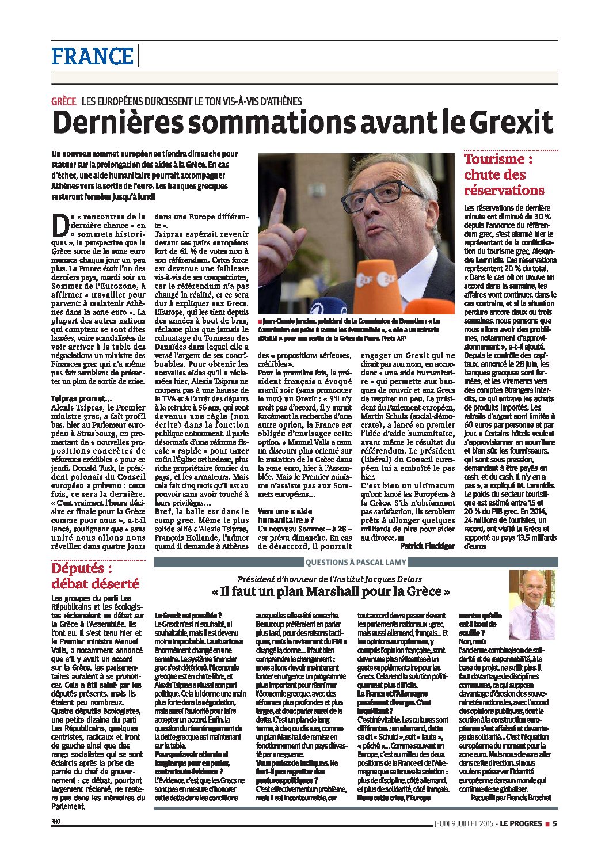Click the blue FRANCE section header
pos(92,56)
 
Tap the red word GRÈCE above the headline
pos(64,101)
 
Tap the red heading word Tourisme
pos(494,159)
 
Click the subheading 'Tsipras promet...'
pos(82,398)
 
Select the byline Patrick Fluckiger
pos(427,545)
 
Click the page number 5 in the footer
pos(554,823)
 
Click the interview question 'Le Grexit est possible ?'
pos(188,616)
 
